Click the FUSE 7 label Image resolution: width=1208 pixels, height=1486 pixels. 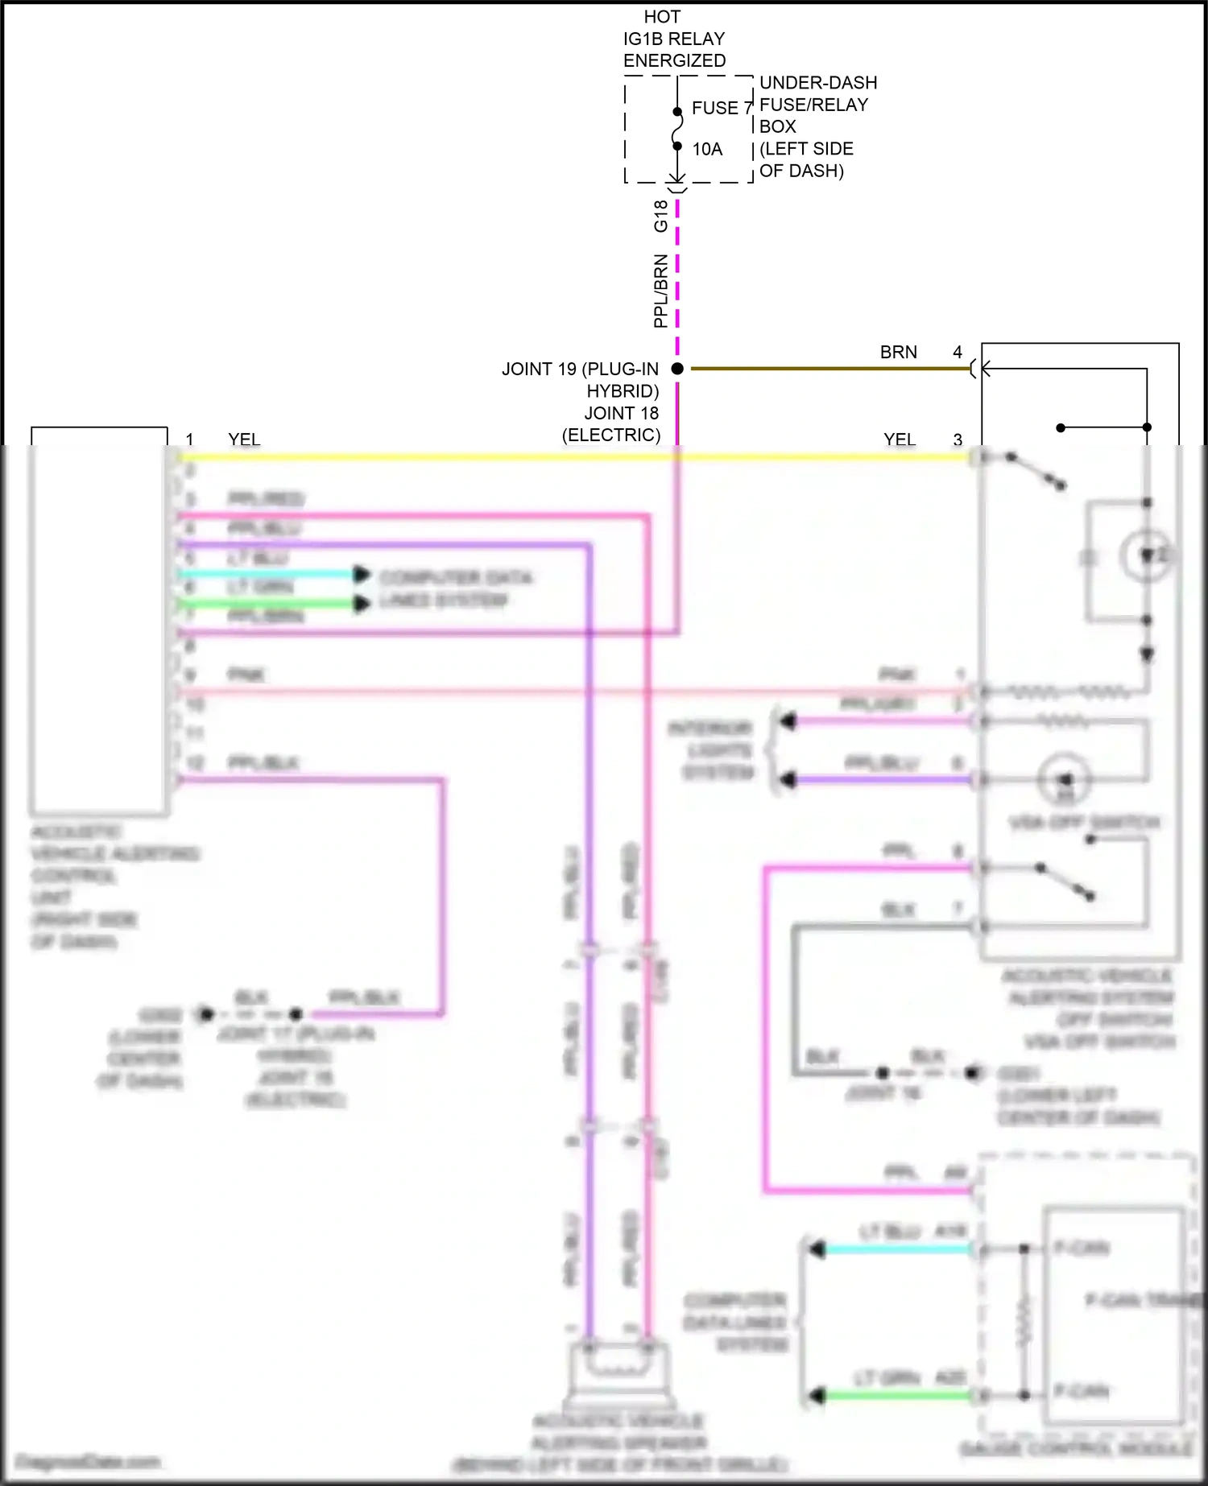720,108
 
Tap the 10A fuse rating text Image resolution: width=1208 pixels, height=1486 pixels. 707,149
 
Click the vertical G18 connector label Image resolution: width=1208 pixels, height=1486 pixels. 660,216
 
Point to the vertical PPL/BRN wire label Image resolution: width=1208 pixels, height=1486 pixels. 660,291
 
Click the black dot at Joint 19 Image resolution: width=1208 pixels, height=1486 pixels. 677,369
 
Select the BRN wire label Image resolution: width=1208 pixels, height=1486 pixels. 898,353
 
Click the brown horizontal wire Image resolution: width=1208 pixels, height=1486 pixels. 829,369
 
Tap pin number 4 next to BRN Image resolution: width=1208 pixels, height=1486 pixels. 958,353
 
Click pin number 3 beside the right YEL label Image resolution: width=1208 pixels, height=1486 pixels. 958,440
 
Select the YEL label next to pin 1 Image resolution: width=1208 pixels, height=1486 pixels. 244,440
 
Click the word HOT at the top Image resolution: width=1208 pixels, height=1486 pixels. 662,17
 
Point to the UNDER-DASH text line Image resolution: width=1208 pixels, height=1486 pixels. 817,83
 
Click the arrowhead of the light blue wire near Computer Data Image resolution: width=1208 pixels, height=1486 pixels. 362,574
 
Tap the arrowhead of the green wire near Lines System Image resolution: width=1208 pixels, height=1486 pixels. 362,604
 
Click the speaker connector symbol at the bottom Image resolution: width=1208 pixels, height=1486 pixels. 618,1368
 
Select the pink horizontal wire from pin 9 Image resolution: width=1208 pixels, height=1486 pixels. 564,691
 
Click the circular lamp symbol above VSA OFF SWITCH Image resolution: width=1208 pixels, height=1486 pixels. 1065,779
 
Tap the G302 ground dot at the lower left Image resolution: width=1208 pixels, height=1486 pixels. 206,1014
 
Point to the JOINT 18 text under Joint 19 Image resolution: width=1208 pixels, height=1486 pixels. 621,413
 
